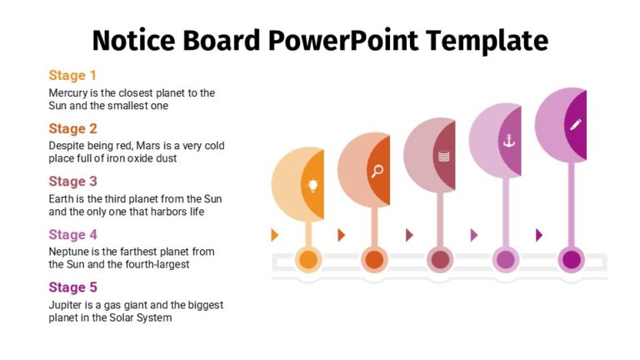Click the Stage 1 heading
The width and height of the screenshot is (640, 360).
pos(72,76)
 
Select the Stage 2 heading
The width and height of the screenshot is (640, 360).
pos(72,128)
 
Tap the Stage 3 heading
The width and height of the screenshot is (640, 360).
pos(72,181)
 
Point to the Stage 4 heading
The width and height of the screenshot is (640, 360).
pos(72,234)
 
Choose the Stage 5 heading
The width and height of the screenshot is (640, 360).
pos(72,287)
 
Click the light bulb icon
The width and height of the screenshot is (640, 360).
pos(312,186)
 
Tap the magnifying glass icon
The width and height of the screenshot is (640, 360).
pos(377,172)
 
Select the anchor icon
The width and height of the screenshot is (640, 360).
pos(508,141)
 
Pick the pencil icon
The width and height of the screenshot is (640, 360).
pos(575,124)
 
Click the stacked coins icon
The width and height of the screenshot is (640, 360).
pos(443,156)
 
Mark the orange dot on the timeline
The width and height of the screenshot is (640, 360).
pos(309,259)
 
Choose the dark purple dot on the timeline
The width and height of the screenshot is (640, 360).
pos(571,259)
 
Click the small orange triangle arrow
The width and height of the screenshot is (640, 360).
pos(275,235)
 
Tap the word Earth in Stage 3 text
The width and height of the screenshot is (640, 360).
pos(63,199)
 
